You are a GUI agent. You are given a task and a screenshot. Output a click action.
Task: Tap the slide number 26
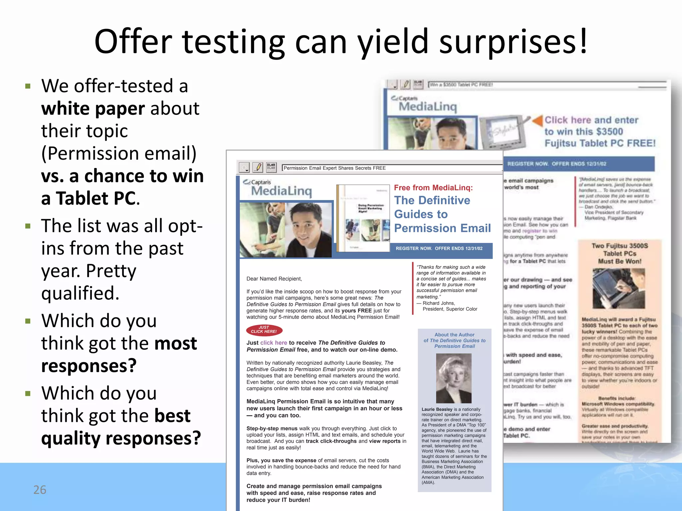point(40,490)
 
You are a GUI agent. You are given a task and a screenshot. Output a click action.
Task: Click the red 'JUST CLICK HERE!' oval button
point(264,330)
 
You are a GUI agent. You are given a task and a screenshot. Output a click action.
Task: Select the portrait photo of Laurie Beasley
point(454,378)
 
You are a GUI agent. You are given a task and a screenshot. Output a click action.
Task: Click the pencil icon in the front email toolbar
point(258,167)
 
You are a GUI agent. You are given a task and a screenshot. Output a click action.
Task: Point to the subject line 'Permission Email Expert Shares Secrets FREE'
point(334,168)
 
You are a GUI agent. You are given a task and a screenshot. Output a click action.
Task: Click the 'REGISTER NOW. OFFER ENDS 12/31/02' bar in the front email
point(439,249)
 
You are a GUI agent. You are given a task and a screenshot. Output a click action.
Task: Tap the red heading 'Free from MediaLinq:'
point(433,188)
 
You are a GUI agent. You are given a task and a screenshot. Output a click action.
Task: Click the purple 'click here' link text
point(273,343)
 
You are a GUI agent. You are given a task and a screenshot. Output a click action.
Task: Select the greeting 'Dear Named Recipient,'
point(274,279)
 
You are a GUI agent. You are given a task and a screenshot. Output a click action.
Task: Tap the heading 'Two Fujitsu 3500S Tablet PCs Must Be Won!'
point(619,254)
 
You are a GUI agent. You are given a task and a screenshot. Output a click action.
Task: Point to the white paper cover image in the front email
point(363,218)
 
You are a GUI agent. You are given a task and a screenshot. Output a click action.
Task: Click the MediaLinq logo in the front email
point(281,188)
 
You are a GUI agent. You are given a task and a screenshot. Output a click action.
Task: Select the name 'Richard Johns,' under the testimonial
point(439,303)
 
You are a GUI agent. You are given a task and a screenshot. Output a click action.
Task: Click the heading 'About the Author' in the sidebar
point(454,335)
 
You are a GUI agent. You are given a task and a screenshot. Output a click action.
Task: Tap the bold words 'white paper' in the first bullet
point(93,108)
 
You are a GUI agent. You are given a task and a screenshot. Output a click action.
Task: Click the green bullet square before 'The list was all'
point(28,226)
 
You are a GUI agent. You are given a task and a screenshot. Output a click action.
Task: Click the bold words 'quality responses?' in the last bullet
point(121,438)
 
